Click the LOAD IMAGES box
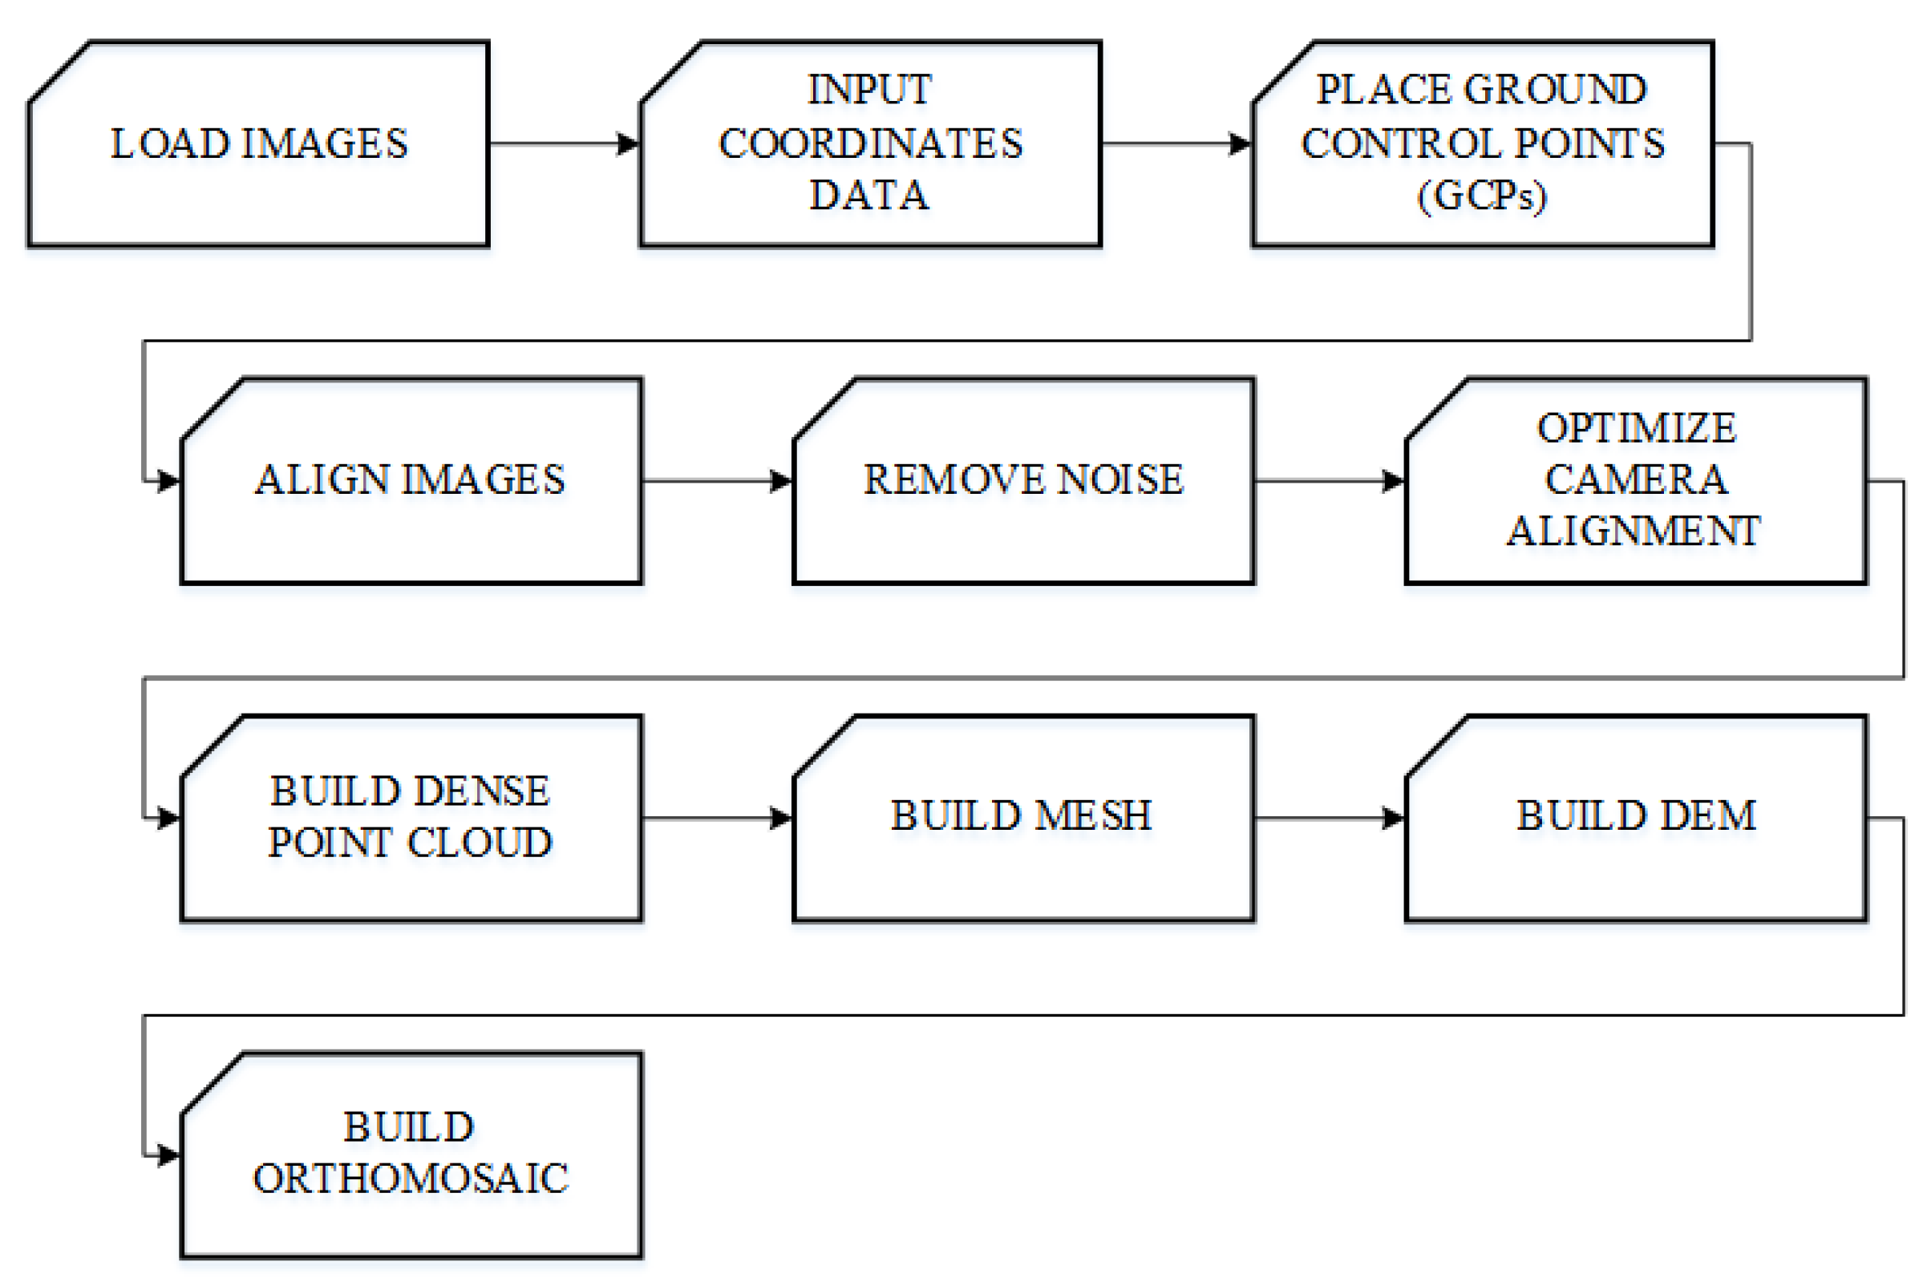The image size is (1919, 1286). [258, 144]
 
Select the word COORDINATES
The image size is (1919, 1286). [871, 144]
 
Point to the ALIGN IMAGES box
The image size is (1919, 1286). [410, 480]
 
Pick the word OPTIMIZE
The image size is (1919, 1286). [1636, 428]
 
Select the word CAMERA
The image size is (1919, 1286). [1636, 479]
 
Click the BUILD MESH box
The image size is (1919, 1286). [1022, 818]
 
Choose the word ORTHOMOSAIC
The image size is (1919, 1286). [410, 1179]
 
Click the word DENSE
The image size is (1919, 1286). [481, 791]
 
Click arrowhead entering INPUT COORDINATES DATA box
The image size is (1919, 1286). [628, 144]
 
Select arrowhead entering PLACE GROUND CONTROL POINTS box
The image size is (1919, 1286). [1240, 144]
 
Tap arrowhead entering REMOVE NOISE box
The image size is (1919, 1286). [782, 480]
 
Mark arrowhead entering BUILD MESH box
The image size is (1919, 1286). [782, 818]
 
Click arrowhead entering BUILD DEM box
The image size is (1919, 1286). [1393, 818]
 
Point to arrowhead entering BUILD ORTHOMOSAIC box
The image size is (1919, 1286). [169, 1155]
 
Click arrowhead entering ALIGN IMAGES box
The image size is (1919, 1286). [169, 480]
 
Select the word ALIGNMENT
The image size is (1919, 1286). [1634, 532]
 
